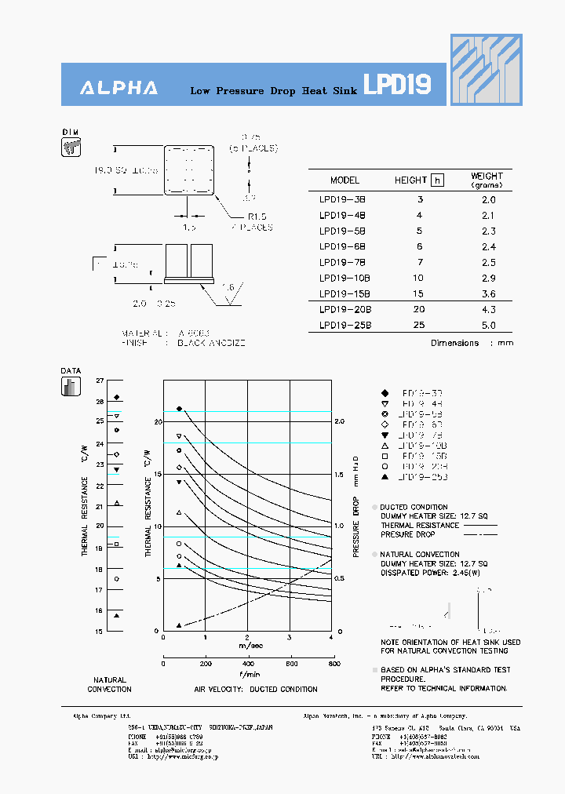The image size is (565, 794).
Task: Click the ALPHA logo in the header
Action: (118, 89)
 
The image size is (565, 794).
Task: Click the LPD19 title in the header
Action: (397, 86)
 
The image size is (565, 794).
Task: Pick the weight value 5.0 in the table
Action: (488, 326)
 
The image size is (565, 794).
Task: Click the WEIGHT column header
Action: (487, 180)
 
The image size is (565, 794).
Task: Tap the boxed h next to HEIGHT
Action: (438, 180)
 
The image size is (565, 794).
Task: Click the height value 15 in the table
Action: (419, 294)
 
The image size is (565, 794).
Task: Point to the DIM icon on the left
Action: (71, 148)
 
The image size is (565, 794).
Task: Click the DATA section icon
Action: (71, 387)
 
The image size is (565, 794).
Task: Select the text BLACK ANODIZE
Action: (211, 344)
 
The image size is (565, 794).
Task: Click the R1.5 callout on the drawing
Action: (258, 216)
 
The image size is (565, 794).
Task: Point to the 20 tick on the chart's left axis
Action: (156, 422)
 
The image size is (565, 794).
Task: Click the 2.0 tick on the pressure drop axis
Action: (339, 422)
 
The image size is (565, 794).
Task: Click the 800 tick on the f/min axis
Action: (332, 664)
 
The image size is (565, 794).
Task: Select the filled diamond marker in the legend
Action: (385, 392)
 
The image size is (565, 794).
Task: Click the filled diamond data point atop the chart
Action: (179, 409)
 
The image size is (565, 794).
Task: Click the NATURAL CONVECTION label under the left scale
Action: (109, 685)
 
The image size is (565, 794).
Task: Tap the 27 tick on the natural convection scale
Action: (99, 381)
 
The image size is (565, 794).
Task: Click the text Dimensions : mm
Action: (472, 344)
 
